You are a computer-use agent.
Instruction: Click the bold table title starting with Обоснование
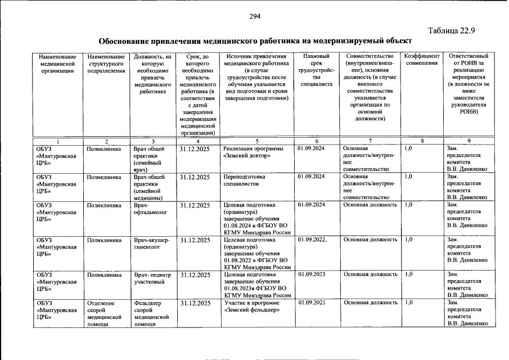pyautogui.click(x=251, y=41)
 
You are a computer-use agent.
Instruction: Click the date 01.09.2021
pyautogui.click(x=311, y=303)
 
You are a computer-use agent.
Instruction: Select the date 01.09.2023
pyautogui.click(x=311, y=274)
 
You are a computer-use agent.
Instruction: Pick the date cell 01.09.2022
pyautogui.click(x=312, y=240)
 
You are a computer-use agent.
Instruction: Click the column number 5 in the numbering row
pyautogui.click(x=256, y=141)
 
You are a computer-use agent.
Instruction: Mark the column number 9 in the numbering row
pyautogui.click(x=468, y=141)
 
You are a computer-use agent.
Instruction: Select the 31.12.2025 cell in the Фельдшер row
pyautogui.click(x=195, y=303)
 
